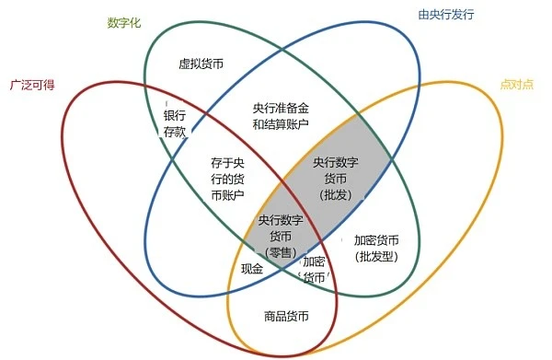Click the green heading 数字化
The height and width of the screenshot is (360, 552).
click(124, 22)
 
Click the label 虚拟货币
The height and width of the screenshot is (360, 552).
click(201, 65)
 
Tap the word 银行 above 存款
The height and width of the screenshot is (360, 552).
click(175, 116)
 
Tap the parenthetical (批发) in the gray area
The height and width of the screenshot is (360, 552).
click(335, 195)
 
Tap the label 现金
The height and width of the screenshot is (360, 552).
click(252, 270)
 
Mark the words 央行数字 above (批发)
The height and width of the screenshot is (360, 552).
click(335, 163)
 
